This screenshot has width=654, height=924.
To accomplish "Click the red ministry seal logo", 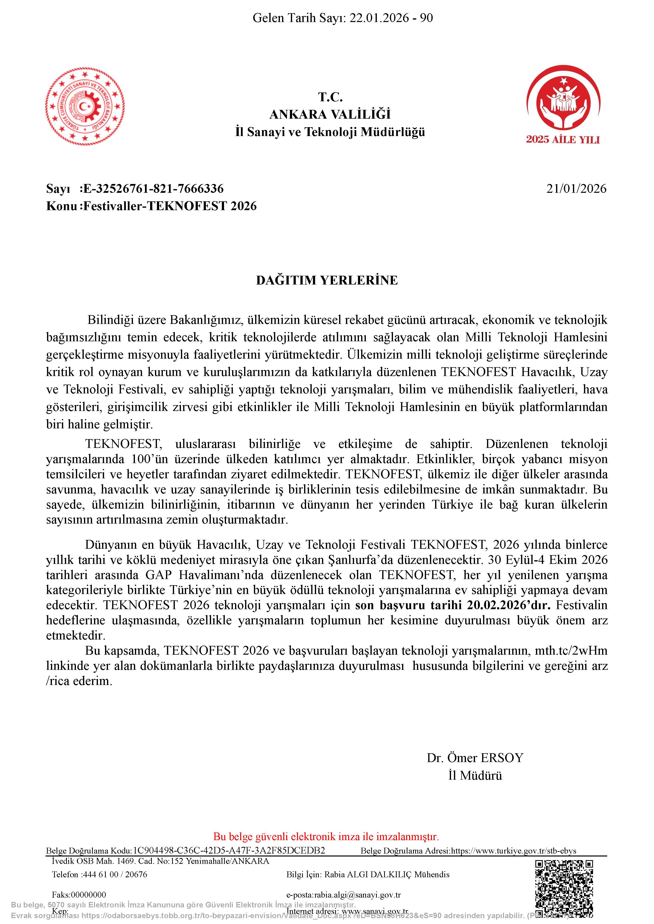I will tap(85, 106).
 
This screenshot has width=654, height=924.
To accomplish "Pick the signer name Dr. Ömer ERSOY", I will tap(475, 758).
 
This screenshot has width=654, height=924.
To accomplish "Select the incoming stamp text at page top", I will tap(343, 18).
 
